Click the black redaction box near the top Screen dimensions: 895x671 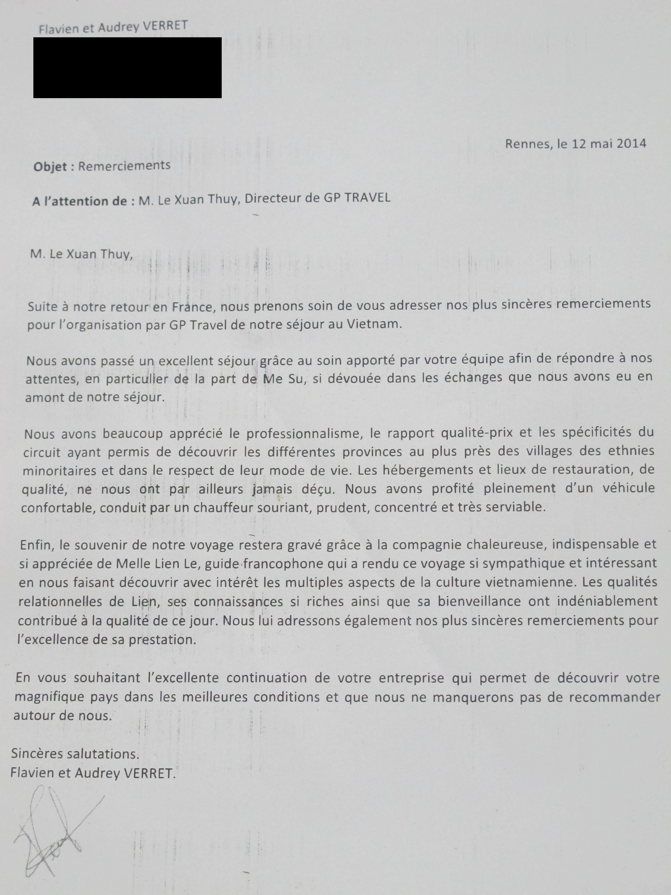point(127,67)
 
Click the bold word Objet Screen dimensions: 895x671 point(50,167)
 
